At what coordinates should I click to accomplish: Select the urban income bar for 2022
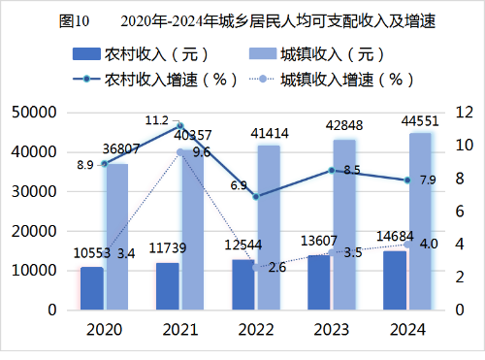point(269,228)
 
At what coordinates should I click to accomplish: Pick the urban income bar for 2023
point(344,225)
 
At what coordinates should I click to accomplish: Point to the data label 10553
point(91,253)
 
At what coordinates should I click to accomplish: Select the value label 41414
point(270,132)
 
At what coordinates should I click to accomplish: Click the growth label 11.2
point(156,120)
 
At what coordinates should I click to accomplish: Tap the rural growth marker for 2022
point(255,196)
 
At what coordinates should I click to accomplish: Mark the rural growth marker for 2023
point(332,170)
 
